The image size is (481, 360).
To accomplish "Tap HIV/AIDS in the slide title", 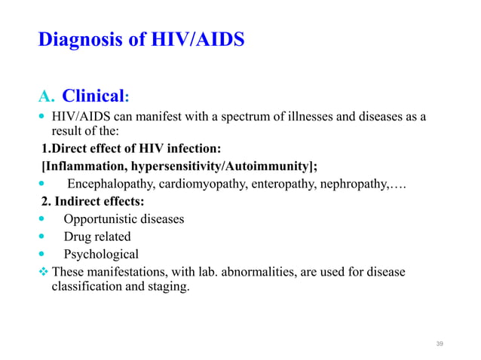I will coord(198,39).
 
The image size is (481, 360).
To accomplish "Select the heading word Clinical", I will coord(93,97).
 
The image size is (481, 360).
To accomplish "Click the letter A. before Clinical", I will coord(47,97).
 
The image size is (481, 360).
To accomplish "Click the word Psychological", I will coord(101,254).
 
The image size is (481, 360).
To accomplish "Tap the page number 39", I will coord(440,343).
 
